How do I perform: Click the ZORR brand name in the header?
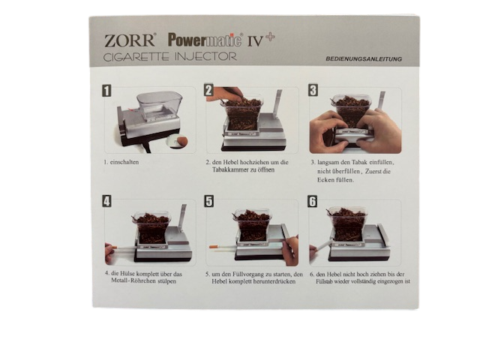coord(129,40)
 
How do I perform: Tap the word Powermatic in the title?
coord(205,40)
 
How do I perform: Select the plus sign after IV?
coord(270,37)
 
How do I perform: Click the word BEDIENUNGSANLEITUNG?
coord(364,58)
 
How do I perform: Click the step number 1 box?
coord(106,91)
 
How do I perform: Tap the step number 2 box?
coord(208,90)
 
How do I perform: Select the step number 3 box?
coord(313,90)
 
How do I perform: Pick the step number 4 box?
coord(106,201)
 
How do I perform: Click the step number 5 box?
coord(208,201)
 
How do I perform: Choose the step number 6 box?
coord(312,202)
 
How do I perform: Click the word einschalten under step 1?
coord(124,162)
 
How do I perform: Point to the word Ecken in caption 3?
coord(325,180)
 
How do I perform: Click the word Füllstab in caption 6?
coord(324,281)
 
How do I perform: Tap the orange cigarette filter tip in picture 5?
coord(213,247)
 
